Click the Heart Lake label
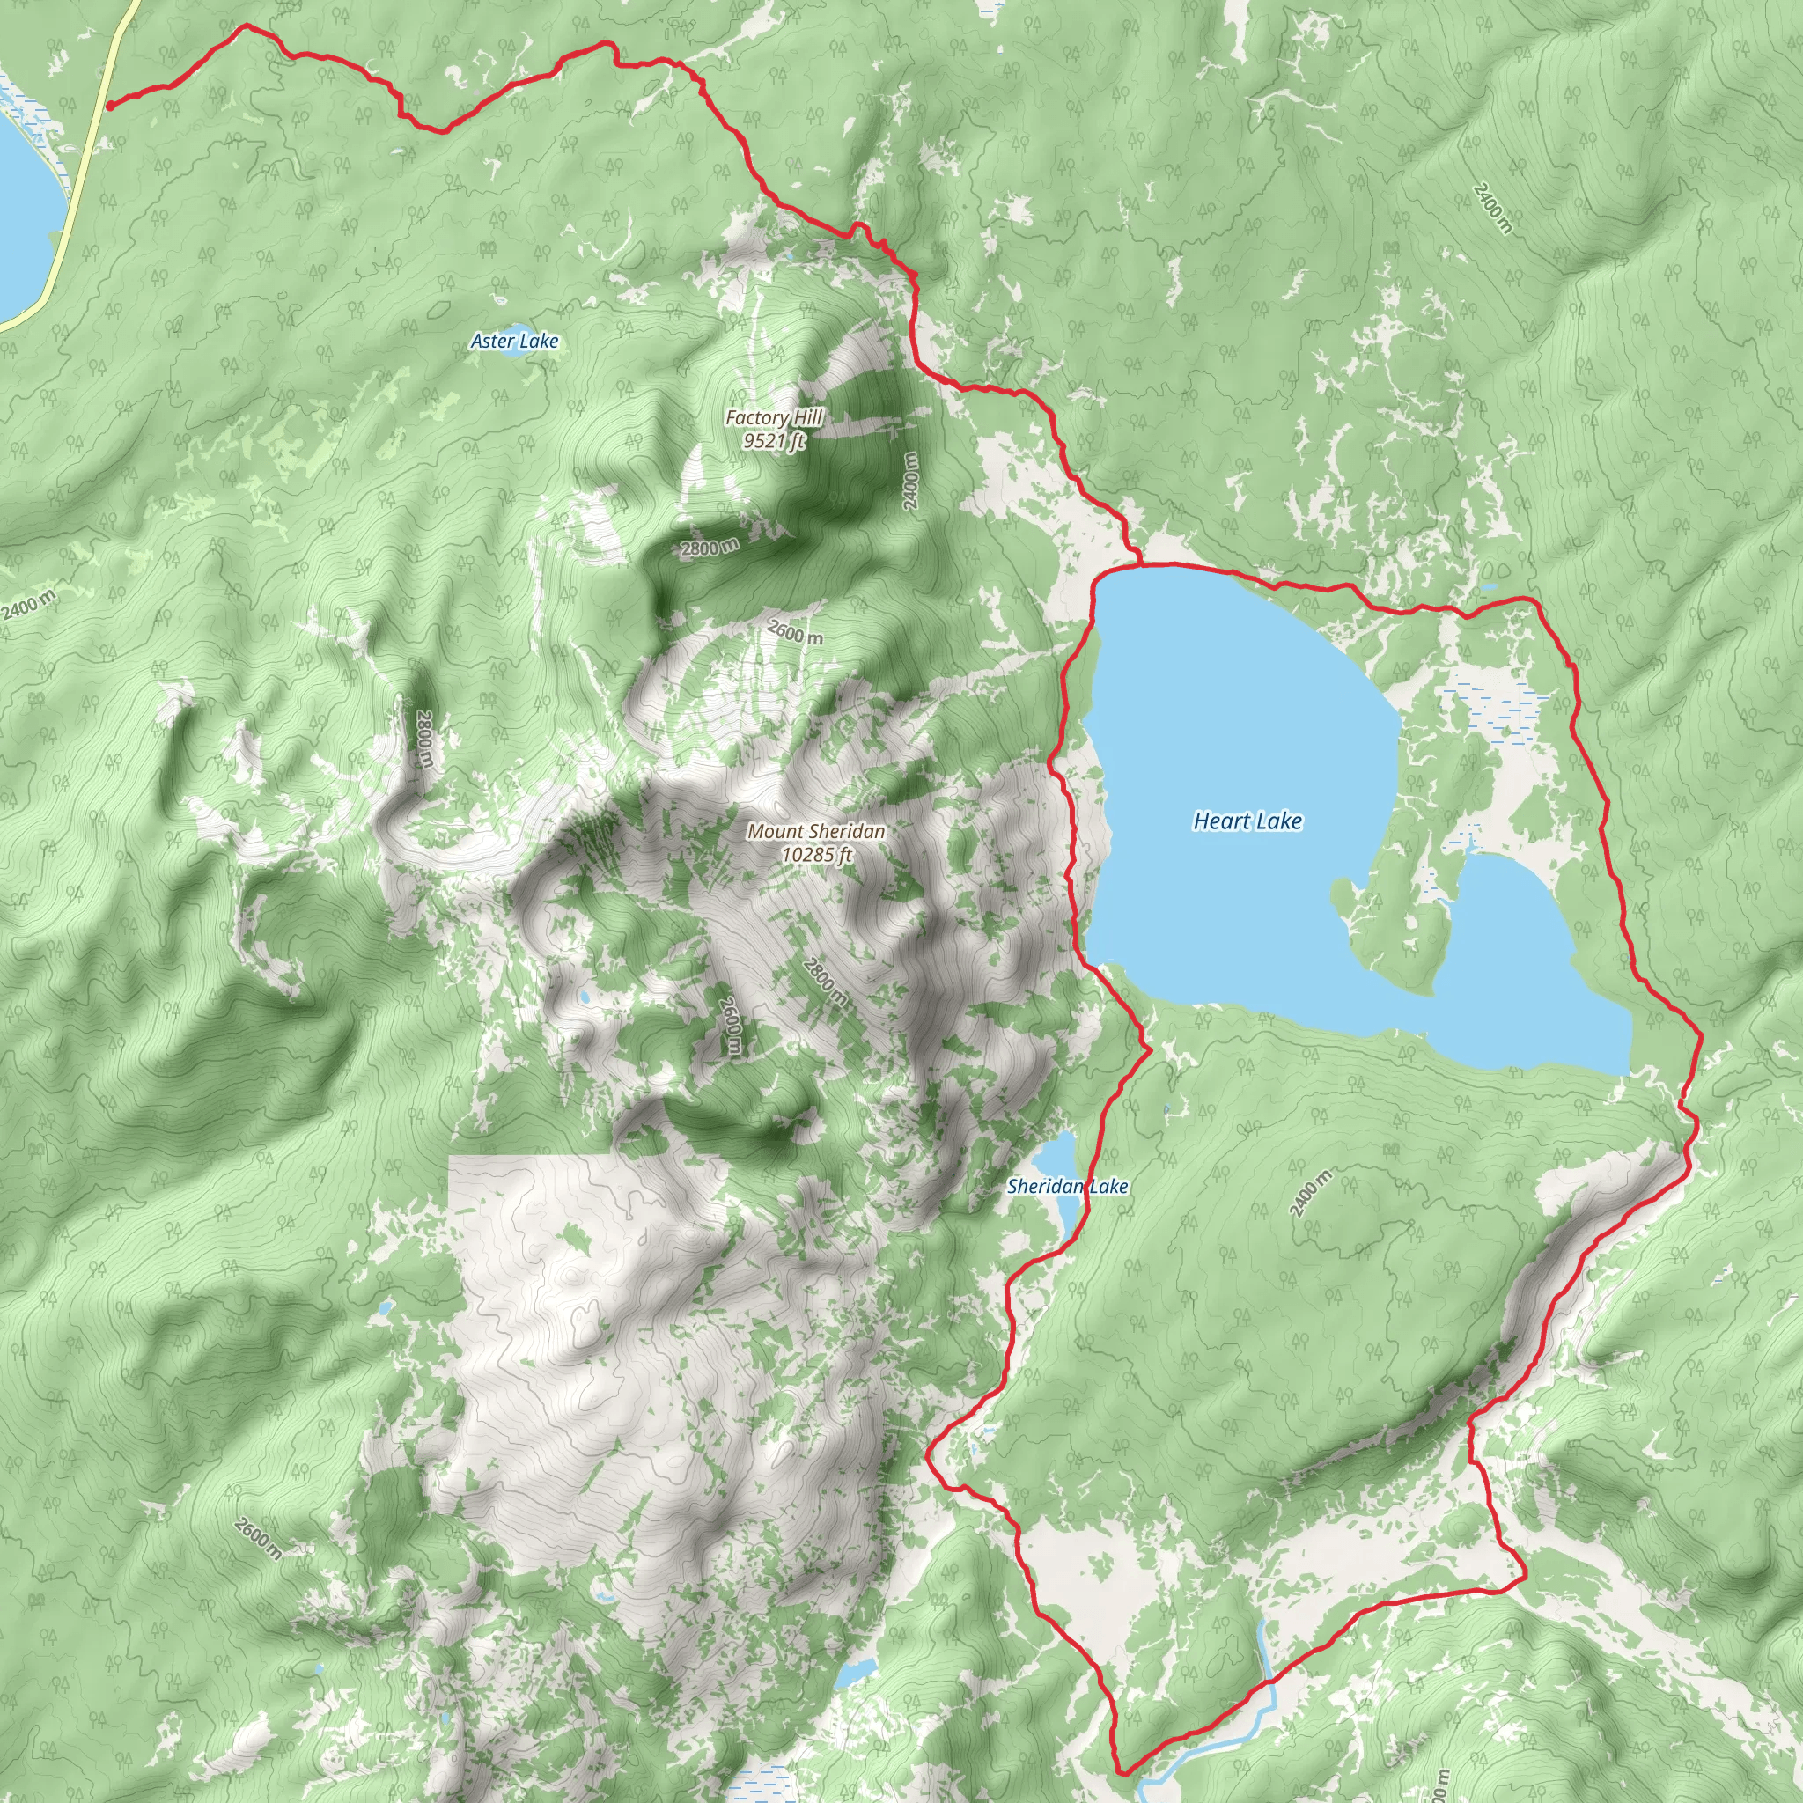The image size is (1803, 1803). (1247, 821)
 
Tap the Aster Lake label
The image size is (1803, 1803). (514, 342)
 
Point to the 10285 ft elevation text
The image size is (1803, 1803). (818, 854)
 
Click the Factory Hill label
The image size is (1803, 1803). (774, 418)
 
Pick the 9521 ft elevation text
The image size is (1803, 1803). (774, 440)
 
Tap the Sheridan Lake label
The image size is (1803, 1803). (1068, 1186)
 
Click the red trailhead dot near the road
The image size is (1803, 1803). (109, 106)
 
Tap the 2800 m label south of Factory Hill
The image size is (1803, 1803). (710, 547)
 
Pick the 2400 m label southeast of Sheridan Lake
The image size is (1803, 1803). (1311, 1192)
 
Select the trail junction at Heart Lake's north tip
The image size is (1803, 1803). (1140, 563)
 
